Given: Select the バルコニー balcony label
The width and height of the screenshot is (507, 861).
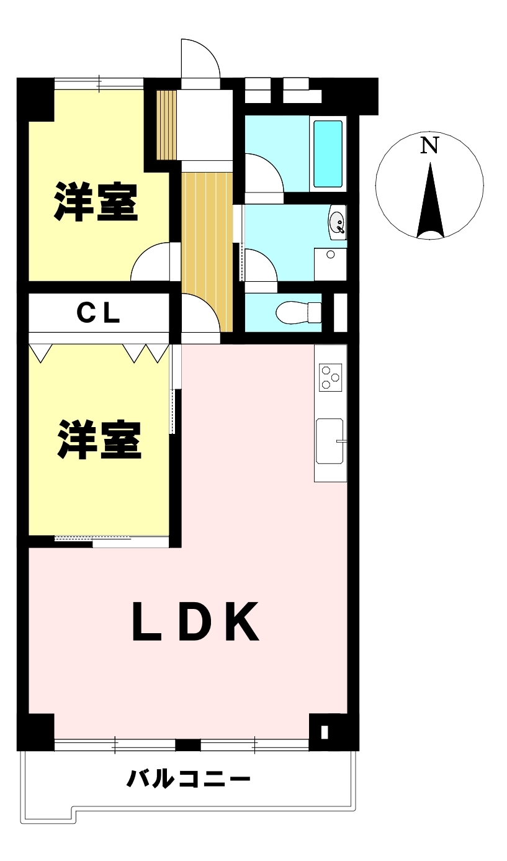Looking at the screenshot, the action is (x=189, y=778).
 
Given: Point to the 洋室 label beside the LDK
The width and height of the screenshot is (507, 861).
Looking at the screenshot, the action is (x=99, y=440).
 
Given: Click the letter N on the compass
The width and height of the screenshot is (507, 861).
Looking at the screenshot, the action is (x=429, y=146).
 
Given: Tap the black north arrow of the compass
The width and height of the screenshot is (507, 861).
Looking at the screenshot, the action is (x=430, y=201).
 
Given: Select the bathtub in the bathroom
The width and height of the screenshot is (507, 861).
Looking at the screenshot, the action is (x=328, y=153).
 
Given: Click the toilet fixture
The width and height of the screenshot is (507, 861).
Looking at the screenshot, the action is (x=298, y=312).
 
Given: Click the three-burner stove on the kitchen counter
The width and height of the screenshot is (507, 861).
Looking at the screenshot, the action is (x=330, y=377).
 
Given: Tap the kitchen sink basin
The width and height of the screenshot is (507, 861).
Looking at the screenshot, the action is (x=330, y=441).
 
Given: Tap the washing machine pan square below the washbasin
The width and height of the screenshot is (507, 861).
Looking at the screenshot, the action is (x=330, y=264).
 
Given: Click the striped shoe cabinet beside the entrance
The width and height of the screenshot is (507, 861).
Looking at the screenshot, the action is (x=166, y=125).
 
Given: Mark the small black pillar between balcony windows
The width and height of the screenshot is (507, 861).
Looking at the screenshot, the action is (x=188, y=745).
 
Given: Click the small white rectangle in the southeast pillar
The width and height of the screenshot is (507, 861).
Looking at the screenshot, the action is (x=325, y=732).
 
